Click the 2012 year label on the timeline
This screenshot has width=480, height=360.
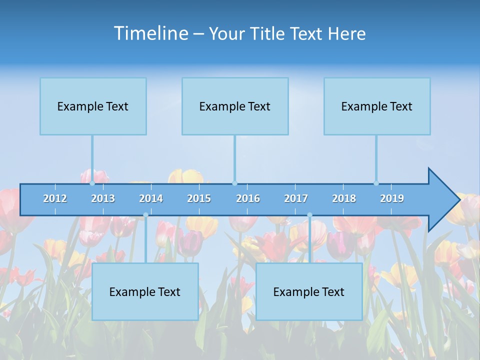(55, 198)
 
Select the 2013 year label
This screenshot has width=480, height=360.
(103, 198)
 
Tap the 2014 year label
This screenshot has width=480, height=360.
(151, 198)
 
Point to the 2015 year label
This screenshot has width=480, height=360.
(199, 198)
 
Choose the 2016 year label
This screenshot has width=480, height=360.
(248, 198)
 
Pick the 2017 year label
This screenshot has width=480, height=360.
(296, 198)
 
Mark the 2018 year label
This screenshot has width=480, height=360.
(344, 198)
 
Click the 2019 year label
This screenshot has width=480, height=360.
(392, 198)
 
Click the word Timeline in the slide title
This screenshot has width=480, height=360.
(150, 33)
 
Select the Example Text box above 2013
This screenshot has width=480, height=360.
(93, 106)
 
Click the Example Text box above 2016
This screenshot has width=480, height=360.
(235, 106)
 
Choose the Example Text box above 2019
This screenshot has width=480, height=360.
(377, 106)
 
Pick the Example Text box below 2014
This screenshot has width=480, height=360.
(145, 291)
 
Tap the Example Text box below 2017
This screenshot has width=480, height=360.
(309, 291)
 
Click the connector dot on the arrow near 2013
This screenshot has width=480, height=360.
(92, 183)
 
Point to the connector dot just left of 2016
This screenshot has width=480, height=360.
(234, 183)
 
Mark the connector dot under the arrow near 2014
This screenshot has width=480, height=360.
(145, 215)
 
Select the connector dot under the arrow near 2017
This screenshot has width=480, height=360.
(309, 215)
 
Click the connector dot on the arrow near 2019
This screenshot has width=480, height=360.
(376, 183)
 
